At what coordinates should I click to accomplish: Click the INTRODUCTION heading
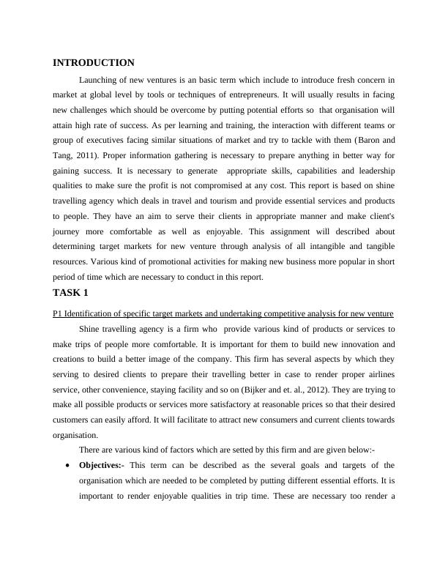(94, 63)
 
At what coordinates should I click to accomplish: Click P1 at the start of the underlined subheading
(58, 313)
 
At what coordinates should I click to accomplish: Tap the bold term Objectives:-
(102, 465)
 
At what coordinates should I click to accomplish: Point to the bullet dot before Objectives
(68, 466)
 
